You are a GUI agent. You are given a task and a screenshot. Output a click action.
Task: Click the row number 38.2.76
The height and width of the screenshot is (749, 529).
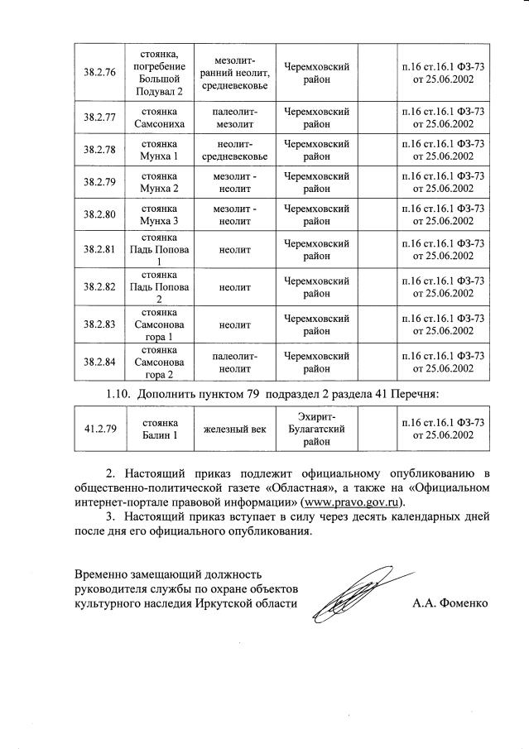coord(99,72)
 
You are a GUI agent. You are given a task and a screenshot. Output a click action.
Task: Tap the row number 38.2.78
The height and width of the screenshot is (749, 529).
coord(99,150)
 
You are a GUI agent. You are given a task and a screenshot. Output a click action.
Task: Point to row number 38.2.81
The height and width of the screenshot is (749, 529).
coord(99,249)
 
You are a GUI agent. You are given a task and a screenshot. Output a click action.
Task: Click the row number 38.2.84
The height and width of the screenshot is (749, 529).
coord(99,362)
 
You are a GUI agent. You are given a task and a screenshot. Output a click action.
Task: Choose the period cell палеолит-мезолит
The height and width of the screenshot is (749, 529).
coord(235,117)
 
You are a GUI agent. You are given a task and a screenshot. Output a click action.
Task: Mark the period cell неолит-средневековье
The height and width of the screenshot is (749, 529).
coord(235,150)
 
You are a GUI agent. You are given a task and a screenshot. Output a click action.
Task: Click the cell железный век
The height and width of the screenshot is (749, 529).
coord(235,429)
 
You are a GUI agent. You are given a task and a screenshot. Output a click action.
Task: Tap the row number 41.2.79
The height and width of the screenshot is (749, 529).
coord(99,429)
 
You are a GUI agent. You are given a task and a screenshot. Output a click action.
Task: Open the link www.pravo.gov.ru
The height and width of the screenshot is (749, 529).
coord(351,502)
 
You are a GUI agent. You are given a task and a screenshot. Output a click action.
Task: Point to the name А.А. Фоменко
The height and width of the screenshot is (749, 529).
coord(450,603)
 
